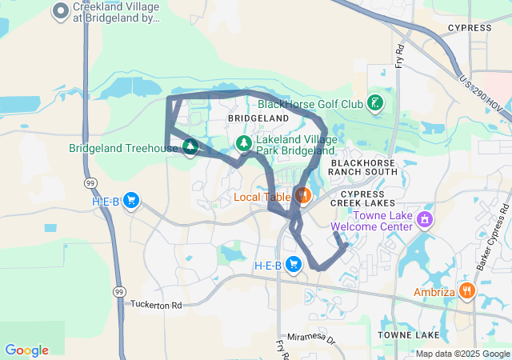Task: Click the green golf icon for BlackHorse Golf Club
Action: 374,103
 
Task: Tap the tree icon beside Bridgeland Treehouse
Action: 190,147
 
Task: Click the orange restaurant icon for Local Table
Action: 302,195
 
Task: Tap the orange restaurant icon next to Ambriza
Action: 466,290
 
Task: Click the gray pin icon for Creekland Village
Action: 60,11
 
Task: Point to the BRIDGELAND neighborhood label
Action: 258,118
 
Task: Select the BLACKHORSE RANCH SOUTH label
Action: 364,166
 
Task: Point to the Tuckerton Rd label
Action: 156,305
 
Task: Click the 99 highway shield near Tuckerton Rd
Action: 118,291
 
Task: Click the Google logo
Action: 26,350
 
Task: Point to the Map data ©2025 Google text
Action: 462,354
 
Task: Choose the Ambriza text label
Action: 434,292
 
